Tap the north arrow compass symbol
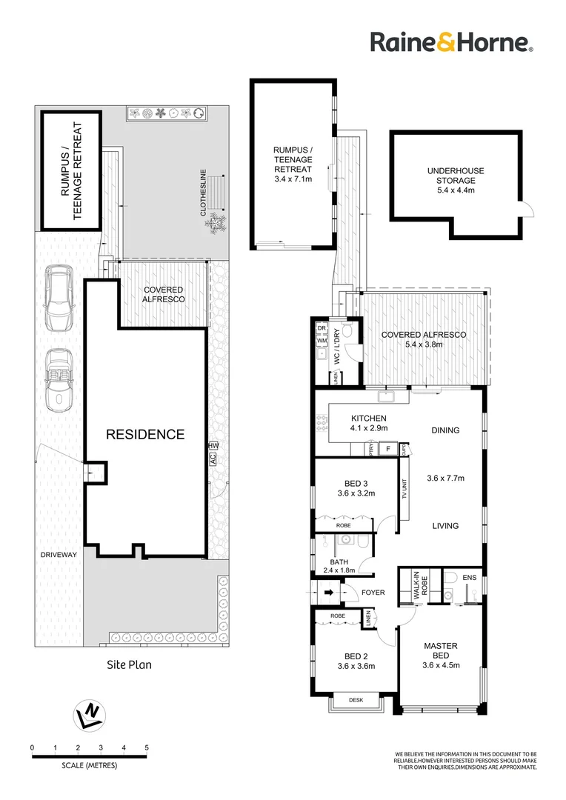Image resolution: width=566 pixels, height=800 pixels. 90,714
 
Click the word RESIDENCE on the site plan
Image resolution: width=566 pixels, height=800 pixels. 144,434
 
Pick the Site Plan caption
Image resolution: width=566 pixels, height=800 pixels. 129,664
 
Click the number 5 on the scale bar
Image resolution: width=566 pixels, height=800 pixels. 147,747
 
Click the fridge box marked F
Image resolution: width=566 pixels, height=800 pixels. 386,448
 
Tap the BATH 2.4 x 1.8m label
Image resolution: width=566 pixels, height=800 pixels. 343,566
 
